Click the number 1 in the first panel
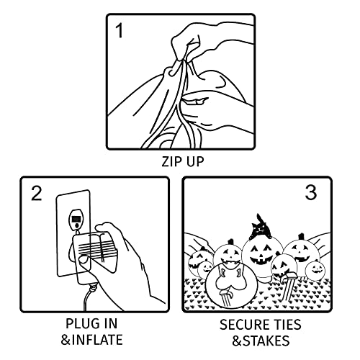coord(120,31)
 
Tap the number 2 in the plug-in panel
coord(37,193)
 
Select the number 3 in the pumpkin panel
coord(311,193)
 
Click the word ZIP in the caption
coord(171,161)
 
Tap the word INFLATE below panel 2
coord(97,340)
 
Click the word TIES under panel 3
coord(286,325)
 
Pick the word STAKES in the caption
coord(266,341)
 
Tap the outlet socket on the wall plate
coord(76,220)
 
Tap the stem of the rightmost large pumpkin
coord(300,237)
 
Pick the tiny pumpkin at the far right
coord(315,270)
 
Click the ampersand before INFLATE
coord(65,340)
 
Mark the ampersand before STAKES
coord(237,341)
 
